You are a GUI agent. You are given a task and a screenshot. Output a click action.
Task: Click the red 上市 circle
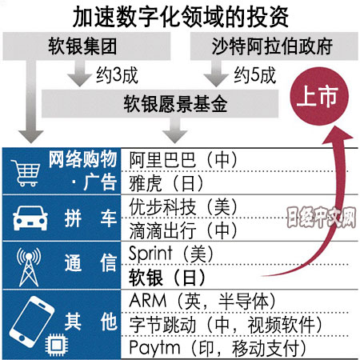point(319,96)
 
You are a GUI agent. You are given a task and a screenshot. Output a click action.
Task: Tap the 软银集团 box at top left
point(86,46)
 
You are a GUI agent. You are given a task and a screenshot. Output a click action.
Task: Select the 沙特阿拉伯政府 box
point(274,46)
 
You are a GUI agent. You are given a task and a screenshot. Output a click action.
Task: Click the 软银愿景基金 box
point(160,104)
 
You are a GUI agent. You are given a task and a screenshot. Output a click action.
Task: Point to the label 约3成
point(117,75)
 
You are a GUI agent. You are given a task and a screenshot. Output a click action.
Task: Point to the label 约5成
point(254,75)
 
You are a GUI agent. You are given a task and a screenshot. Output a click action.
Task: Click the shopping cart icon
point(26,173)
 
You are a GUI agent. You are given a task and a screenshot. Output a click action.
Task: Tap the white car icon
point(30,218)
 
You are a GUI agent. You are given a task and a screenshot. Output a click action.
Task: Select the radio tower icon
point(29,267)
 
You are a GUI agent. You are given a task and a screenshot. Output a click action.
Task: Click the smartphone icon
point(32,322)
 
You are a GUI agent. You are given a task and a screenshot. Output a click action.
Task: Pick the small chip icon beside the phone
point(56,345)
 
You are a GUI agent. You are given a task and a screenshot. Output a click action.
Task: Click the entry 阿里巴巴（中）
point(183,160)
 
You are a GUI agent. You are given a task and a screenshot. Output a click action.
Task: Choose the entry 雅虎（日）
point(166,183)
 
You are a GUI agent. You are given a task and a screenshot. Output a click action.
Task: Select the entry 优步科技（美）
point(183,207)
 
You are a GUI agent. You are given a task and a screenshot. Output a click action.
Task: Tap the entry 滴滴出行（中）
point(183,230)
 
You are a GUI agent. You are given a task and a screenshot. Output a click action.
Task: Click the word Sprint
point(150,254)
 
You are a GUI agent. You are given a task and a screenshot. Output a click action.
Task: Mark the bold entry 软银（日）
point(167,278)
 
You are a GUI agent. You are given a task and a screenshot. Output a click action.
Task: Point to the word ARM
point(148,301)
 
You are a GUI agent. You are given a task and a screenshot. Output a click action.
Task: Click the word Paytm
point(155,348)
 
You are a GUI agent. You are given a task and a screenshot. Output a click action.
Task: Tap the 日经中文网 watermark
point(322,217)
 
